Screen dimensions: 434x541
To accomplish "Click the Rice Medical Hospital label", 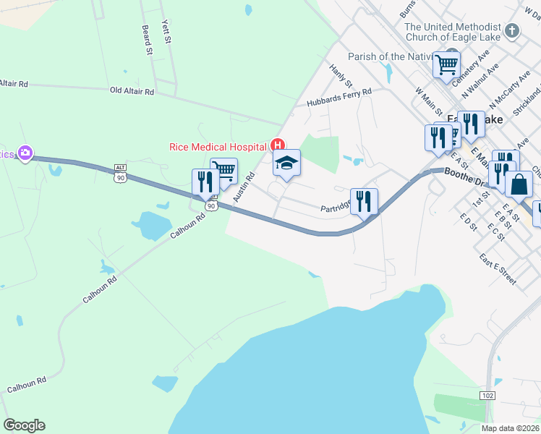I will click(x=218, y=146).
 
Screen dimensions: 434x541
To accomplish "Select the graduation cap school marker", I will click(x=286, y=164).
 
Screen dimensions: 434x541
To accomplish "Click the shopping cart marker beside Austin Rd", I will click(x=224, y=171).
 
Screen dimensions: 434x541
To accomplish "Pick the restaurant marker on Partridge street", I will click(x=364, y=200).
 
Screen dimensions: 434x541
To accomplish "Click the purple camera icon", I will click(x=26, y=153).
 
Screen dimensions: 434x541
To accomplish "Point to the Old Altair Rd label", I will click(x=132, y=92).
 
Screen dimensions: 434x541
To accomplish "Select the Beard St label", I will click(x=147, y=41).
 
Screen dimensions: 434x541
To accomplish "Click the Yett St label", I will click(x=166, y=33).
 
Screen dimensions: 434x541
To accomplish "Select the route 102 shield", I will click(x=487, y=395).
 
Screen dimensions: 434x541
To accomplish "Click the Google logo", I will click(x=24, y=425).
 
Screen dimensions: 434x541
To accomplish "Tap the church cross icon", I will click(x=512, y=30).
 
